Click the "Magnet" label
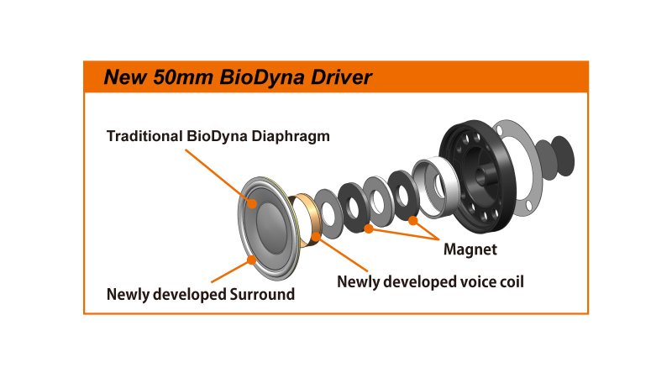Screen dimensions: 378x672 point(470,249)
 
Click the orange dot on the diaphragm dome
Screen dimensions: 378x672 point(252,202)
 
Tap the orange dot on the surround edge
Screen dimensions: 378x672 point(252,260)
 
